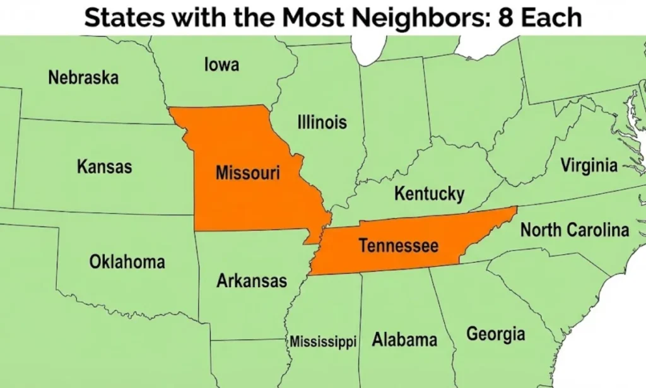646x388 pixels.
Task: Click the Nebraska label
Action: (83, 78)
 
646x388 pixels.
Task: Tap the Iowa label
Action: (221, 64)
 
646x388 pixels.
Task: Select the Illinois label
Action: (322, 122)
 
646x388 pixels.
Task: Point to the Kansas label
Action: (105, 167)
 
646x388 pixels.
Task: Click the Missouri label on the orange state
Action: (247, 172)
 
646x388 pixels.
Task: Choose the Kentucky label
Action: (429, 194)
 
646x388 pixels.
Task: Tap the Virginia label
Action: (589, 166)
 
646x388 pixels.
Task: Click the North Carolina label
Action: (574, 230)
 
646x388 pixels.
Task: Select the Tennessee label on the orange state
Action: (398, 245)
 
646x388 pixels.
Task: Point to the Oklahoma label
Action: (127, 261)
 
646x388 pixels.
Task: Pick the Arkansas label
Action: (252, 280)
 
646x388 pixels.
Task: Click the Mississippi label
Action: (323, 342)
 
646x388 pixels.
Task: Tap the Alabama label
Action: (404, 339)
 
